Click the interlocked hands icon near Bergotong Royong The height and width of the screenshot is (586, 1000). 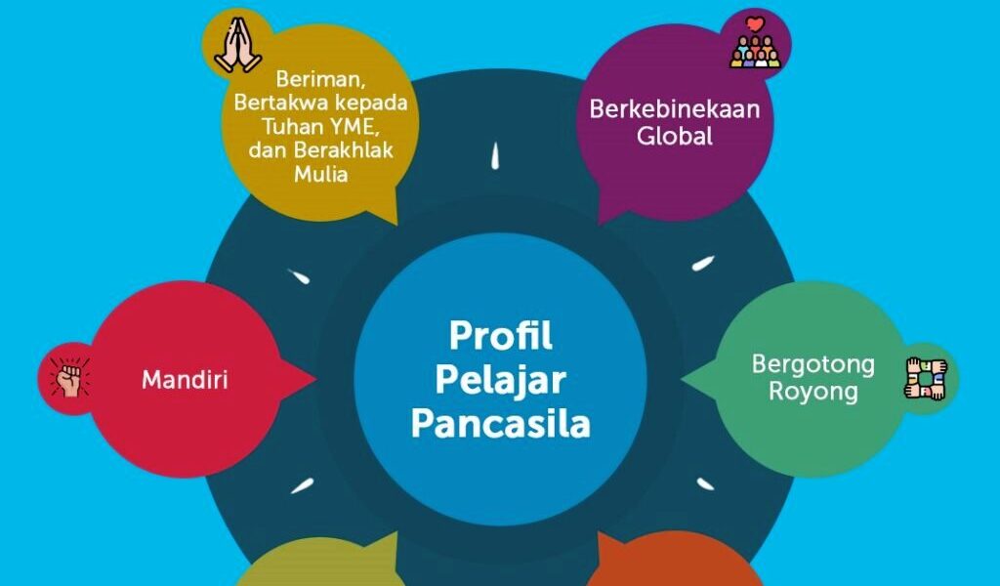point(926,379)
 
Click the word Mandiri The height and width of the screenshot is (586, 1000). point(185,379)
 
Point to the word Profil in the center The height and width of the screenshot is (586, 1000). point(500,335)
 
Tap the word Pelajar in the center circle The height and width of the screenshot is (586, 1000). point(500,380)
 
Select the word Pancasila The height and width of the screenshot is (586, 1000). point(500,425)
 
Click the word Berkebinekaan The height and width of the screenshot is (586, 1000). point(674,109)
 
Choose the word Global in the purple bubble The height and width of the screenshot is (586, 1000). point(675,137)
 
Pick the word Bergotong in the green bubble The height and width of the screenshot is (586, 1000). point(812,364)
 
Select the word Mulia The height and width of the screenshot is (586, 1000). point(321,176)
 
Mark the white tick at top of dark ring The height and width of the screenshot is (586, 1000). point(496,155)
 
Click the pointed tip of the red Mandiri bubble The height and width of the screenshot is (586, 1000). point(314,378)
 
